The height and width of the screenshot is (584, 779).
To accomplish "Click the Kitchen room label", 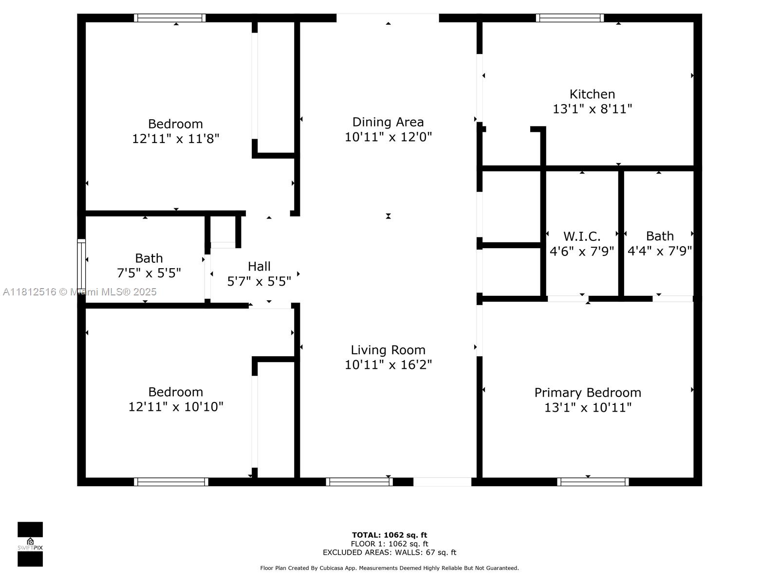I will coord(592,94).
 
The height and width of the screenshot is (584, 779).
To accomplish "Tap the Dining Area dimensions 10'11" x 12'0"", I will coord(388,137).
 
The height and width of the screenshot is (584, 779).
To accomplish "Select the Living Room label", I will coord(388,350).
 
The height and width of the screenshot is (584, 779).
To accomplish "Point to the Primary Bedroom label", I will coord(588,393).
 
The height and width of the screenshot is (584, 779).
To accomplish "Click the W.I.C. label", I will coord(582,237).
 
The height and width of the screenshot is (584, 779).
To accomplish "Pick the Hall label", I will coord(259,267).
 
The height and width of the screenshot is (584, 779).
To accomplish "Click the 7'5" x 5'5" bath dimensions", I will coord(148,274).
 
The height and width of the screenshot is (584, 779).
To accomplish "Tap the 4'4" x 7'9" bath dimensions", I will coord(660,251).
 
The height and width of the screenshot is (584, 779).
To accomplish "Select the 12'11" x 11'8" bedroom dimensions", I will coord(176,139).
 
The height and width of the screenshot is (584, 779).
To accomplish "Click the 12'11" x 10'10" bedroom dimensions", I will coord(176,407).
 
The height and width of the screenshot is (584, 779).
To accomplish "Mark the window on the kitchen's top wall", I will coord(570,18).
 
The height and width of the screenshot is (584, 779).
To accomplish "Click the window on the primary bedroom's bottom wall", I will coord(593,482).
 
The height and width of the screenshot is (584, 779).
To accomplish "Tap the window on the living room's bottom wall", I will coord(359,482).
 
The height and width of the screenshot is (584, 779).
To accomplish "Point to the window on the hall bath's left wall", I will coord(81,265).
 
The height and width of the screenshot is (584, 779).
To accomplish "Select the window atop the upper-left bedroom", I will coord(169,18).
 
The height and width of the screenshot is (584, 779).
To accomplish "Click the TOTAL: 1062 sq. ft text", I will coord(389,535).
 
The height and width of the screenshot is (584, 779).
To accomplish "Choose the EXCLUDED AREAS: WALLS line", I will coord(389,552).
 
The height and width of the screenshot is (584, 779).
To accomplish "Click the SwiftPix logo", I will coord(30,544).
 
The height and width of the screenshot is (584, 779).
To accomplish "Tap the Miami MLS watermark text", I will coord(80,292).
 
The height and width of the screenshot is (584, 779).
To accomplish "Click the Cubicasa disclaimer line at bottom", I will coord(389,568).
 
